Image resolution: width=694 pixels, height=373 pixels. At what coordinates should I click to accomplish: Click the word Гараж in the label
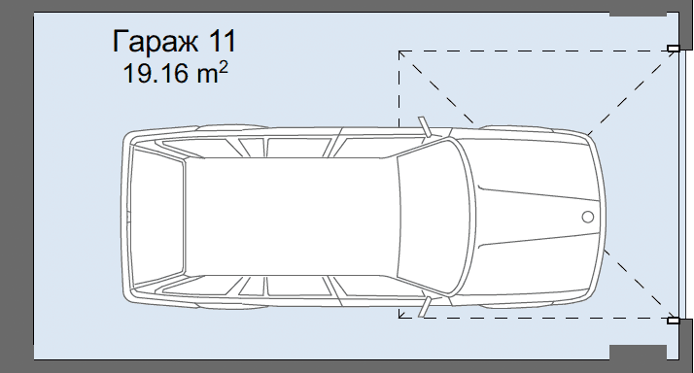click(x=155, y=44)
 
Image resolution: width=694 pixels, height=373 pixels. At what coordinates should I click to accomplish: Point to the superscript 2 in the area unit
click(x=225, y=67)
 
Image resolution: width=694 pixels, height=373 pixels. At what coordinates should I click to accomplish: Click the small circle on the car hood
click(x=587, y=216)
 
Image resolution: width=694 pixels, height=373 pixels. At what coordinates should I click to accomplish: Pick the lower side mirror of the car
click(x=424, y=306)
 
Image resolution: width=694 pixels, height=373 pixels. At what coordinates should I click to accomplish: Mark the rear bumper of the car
click(x=124, y=216)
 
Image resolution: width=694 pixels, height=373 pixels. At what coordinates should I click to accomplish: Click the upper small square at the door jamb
click(x=673, y=49)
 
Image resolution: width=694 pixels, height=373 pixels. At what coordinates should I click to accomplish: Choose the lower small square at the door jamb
click(x=673, y=319)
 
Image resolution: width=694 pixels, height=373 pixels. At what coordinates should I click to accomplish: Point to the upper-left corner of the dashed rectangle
click(x=399, y=51)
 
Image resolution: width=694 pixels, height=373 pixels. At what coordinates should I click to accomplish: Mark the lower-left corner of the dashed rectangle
click(x=399, y=317)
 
